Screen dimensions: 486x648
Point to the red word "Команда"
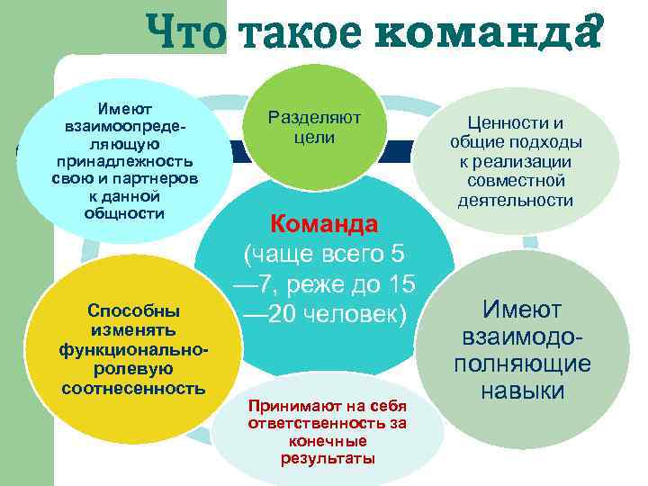[325, 223]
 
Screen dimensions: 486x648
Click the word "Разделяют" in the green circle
[314, 118]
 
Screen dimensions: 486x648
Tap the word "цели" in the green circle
[314, 138]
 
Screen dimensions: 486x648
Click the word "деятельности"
[515, 200]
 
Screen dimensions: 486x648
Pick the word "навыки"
[522, 391]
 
